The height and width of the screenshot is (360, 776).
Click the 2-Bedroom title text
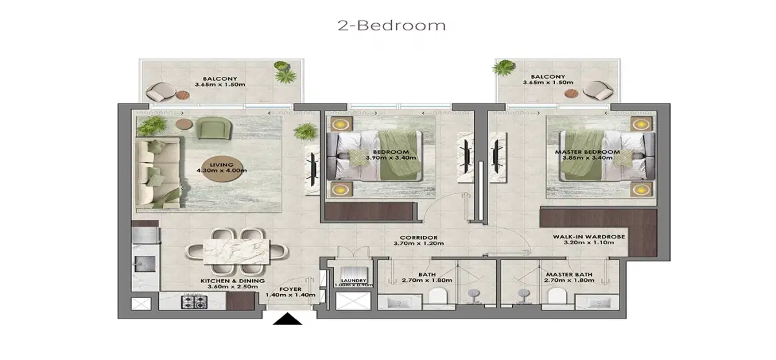391,26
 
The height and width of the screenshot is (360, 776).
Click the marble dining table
236,250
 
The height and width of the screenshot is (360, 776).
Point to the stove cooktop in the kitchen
193,301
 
